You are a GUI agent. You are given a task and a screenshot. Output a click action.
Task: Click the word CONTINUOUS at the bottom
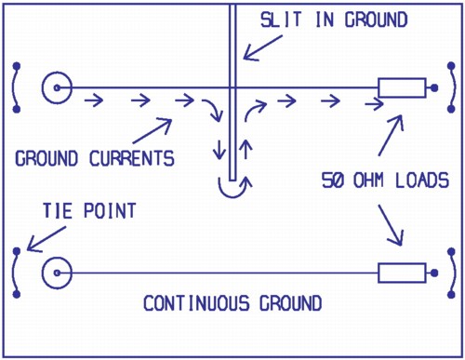(191, 303)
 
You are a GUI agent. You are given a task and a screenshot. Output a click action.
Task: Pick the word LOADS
(423, 179)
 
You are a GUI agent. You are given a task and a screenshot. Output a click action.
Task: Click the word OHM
(371, 179)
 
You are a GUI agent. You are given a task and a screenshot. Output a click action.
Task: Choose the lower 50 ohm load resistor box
(402, 273)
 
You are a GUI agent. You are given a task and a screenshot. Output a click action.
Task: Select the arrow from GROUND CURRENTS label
(153, 129)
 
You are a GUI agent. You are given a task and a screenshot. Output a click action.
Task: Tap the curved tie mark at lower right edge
(449, 273)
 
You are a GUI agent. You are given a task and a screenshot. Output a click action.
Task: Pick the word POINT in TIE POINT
(110, 212)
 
